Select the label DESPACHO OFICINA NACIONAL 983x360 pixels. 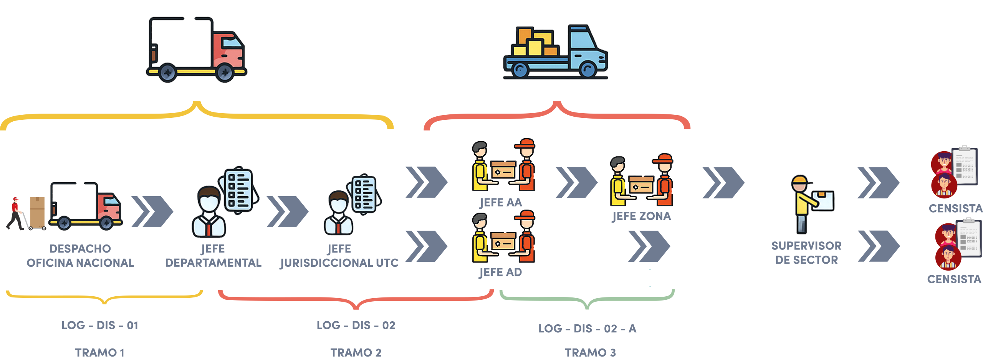click(80, 256)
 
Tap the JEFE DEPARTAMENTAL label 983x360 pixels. click(213, 256)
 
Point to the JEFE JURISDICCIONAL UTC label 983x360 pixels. click(339, 256)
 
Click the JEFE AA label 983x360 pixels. click(501, 202)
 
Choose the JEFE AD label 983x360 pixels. click(501, 272)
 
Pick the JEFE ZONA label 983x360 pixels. click(641, 216)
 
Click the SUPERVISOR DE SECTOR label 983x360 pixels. click(806, 253)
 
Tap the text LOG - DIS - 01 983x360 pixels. click(100, 325)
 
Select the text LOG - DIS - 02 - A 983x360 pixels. click(587, 329)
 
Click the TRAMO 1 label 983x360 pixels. click(100, 352)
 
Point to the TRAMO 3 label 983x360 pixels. click(590, 352)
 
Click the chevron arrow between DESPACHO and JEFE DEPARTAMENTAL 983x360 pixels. click(152, 211)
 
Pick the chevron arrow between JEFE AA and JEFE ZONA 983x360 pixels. click(576, 183)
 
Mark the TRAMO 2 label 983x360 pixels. click(356, 352)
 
